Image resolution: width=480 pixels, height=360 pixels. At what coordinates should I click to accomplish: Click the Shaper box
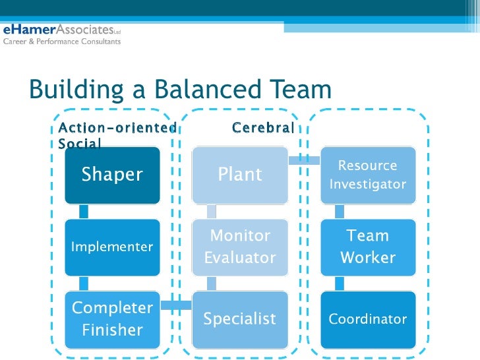click(112, 175)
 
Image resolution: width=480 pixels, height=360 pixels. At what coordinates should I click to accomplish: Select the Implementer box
click(112, 247)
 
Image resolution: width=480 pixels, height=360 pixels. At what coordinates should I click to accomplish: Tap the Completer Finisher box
click(112, 318)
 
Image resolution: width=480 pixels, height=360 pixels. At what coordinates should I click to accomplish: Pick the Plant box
click(240, 175)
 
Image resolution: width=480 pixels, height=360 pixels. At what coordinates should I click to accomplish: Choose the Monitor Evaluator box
click(240, 247)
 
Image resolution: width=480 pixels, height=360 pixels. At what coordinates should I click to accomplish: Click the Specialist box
click(240, 319)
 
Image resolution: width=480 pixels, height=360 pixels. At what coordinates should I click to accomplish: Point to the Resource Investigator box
click(368, 175)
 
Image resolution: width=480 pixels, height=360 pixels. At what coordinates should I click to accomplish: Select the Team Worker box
click(368, 247)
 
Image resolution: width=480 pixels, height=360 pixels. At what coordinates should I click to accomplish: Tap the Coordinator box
click(368, 319)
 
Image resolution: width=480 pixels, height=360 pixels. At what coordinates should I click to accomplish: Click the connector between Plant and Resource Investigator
click(304, 159)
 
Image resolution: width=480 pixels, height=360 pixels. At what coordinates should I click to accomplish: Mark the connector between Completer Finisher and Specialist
click(176, 305)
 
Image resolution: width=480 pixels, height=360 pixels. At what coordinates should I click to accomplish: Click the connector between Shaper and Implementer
click(84, 211)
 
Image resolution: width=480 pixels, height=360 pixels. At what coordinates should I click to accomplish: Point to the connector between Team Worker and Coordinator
click(340, 284)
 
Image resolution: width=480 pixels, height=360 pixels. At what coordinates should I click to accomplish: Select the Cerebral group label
click(262, 127)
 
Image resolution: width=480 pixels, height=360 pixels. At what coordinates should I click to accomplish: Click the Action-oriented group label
click(117, 127)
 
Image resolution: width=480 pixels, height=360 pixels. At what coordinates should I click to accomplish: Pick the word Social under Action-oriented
click(80, 143)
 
